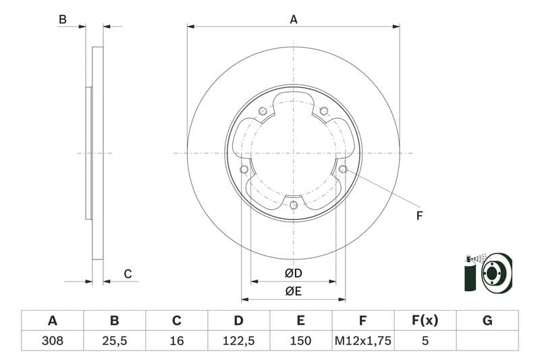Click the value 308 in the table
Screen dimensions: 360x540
(x=52, y=341)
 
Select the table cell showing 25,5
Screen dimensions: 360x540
(x=114, y=341)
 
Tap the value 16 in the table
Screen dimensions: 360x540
(x=177, y=341)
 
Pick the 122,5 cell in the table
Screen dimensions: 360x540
(x=239, y=341)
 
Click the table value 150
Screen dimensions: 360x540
(x=301, y=341)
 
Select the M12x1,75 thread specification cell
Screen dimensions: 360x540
(x=363, y=341)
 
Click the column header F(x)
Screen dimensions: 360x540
(x=425, y=321)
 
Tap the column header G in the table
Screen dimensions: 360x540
(x=487, y=321)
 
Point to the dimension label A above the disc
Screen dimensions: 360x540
(x=294, y=20)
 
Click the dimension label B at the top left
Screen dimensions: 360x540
(x=63, y=20)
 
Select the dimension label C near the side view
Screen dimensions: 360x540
(x=128, y=274)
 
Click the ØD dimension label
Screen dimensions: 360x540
(x=294, y=274)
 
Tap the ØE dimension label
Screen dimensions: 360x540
(x=294, y=291)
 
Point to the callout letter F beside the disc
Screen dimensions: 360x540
(x=419, y=216)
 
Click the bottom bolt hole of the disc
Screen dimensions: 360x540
(x=293, y=205)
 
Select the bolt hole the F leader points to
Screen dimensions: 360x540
(x=343, y=169)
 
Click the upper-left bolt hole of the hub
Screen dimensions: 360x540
(x=263, y=111)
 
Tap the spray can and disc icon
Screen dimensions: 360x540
(x=488, y=272)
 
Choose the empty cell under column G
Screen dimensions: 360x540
(x=487, y=341)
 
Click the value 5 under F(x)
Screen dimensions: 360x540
(x=425, y=341)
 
